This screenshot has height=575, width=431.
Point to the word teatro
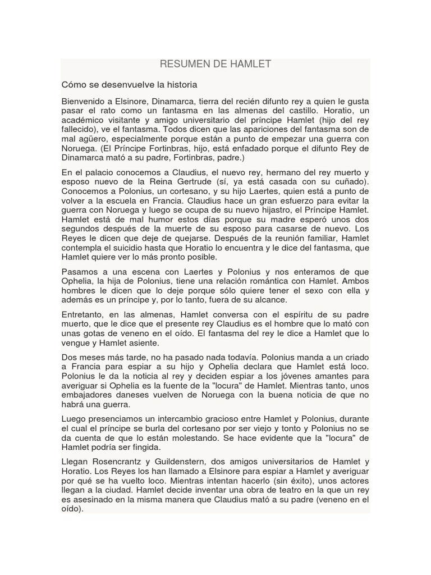click(270, 491)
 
